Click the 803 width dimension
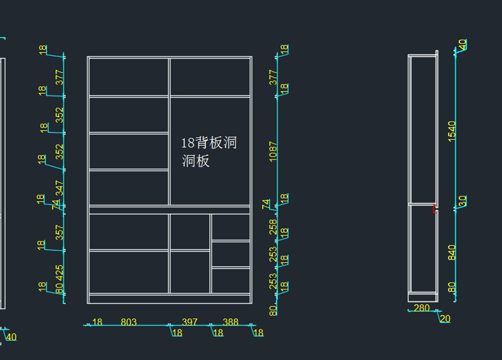coord(128,322)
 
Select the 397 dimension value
coord(190,322)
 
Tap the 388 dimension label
coord(231,322)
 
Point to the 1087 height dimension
coord(273,152)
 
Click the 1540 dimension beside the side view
coord(452,131)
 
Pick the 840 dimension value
coord(452,252)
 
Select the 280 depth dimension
coord(422,308)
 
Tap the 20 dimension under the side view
coord(446,319)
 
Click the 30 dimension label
coord(462,201)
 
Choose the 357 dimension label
coord(60,233)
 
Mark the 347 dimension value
coord(60,188)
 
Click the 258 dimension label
coord(273,226)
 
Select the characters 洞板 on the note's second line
coord(196,161)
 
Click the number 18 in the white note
coord(188,143)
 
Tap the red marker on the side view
coord(435,209)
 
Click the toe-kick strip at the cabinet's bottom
coord(169,298)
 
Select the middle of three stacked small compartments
coord(231,254)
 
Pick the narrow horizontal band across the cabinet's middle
coord(169,210)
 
